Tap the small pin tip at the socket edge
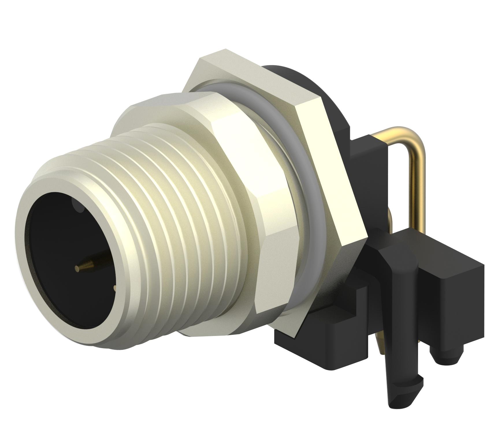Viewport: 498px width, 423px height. point(115,288)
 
